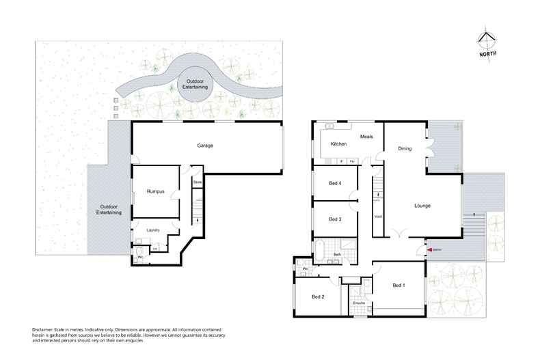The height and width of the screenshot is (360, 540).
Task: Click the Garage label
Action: (x=205, y=146)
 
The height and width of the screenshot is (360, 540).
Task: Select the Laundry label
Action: (x=154, y=230)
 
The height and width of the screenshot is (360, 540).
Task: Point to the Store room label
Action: (x=197, y=183)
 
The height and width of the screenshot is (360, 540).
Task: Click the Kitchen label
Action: (x=339, y=144)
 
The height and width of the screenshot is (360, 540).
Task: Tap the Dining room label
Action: (x=405, y=148)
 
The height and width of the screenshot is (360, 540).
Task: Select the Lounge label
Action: (x=422, y=205)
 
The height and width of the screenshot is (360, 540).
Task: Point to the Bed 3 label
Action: (x=334, y=219)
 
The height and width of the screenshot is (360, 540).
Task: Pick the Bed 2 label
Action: (x=318, y=296)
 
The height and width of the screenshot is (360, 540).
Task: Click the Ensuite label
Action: (x=359, y=303)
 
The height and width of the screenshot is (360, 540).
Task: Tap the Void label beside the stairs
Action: (x=378, y=217)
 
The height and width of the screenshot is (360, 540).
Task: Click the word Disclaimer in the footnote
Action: (x=44, y=329)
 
